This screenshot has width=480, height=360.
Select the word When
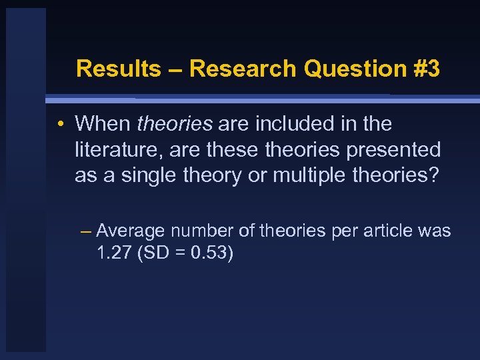point(103,124)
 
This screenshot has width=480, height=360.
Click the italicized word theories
point(175,124)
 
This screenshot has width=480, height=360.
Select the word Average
point(131,231)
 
